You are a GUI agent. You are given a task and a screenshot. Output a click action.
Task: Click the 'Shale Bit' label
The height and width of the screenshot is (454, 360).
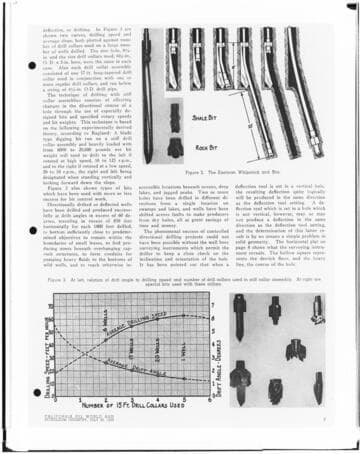[204, 117]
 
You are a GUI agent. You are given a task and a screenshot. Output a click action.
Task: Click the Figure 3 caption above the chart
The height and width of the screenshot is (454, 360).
[179, 253]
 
